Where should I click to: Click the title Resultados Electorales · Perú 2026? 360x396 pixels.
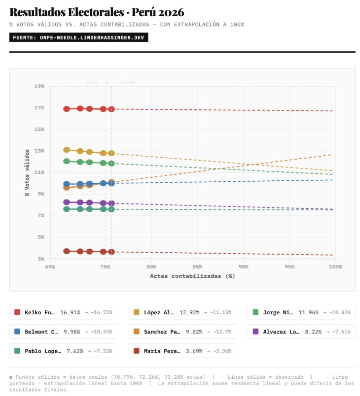[x=97, y=12]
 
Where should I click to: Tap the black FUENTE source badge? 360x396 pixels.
[x=78, y=37]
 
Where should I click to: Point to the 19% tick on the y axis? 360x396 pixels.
[x=39, y=86]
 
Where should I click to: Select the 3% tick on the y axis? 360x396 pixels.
[x=40, y=259]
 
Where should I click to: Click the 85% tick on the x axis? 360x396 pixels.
[x=198, y=266]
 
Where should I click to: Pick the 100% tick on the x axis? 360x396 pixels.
[x=335, y=266]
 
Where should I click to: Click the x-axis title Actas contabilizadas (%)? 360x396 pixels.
[x=192, y=276]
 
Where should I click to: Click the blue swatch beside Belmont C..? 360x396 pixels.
[x=17, y=331]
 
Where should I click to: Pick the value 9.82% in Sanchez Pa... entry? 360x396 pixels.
[x=194, y=331]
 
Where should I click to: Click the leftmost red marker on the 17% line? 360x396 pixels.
[x=67, y=109]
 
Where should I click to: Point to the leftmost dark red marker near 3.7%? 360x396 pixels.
[x=67, y=251]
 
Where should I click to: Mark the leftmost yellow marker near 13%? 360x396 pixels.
[x=67, y=150]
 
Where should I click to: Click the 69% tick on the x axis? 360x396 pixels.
[x=50, y=266]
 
